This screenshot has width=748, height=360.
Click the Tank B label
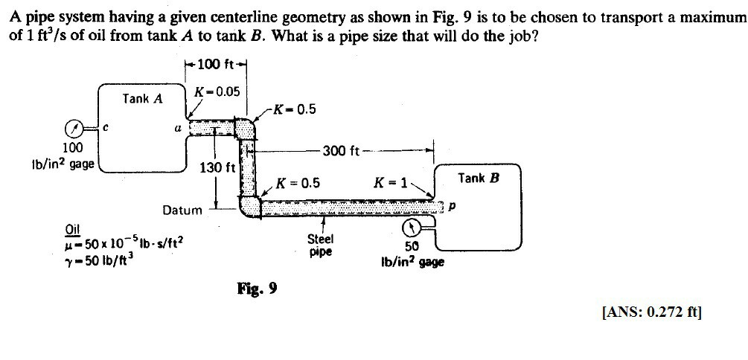[x=479, y=178]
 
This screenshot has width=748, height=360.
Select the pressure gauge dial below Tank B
[x=410, y=227]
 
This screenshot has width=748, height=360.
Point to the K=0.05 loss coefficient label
[x=217, y=91]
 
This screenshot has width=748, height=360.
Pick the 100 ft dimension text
[x=214, y=65]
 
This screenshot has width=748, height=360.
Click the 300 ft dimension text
[x=342, y=152]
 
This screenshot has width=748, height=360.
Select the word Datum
[x=182, y=210]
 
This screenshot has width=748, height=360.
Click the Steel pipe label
[x=321, y=245]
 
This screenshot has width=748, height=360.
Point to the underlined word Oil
[x=74, y=228]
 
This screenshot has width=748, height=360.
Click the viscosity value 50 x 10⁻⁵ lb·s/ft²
[x=125, y=242]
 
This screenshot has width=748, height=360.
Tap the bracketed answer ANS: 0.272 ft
[x=650, y=312]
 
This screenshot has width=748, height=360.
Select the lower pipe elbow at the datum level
[x=249, y=205]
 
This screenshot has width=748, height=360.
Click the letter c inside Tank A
[x=106, y=126]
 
